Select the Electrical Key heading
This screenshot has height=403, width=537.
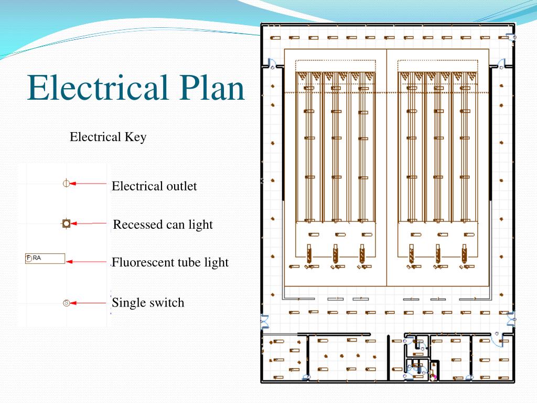pyautogui.click(x=108, y=137)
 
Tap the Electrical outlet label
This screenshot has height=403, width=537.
pyautogui.click(x=154, y=186)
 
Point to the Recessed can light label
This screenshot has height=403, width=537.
pyautogui.click(x=163, y=225)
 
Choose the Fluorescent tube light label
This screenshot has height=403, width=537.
pyautogui.click(x=170, y=262)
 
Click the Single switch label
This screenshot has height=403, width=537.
pyautogui.click(x=148, y=303)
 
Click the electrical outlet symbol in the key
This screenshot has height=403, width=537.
pyautogui.click(x=66, y=183)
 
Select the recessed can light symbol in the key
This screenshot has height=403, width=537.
pyautogui.click(x=66, y=224)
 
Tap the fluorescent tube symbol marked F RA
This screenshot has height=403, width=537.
pyautogui.click(x=45, y=258)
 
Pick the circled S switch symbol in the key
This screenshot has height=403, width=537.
pyautogui.click(x=66, y=303)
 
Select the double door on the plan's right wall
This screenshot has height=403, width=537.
pyautogui.click(x=511, y=318)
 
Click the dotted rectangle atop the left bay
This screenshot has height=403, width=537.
pyautogui.click(x=336, y=66)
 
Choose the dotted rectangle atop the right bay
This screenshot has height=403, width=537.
pyautogui.click(x=438, y=66)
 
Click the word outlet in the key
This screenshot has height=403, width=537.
pyautogui.click(x=181, y=186)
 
